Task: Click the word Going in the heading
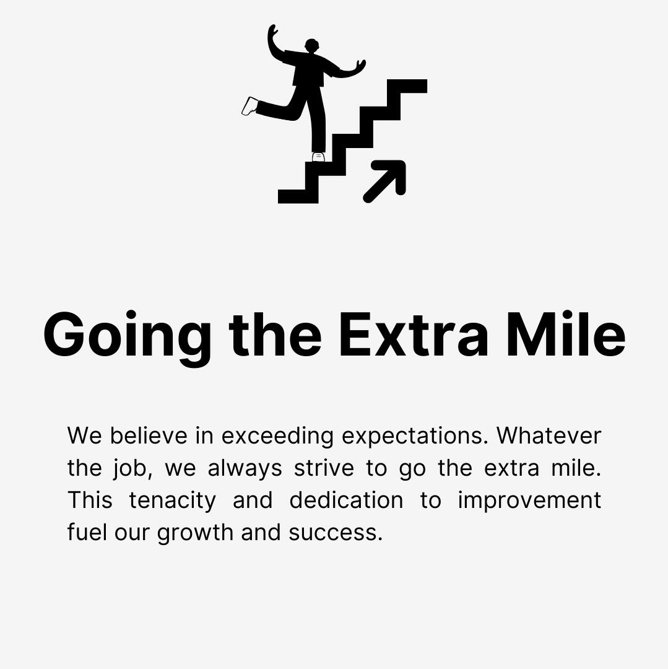[127, 335]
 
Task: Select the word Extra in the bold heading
[414, 335]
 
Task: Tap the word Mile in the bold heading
[565, 335]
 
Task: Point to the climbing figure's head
[311, 46]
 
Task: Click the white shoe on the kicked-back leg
[250, 106]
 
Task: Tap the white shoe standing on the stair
[318, 157]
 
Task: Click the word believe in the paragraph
[149, 435]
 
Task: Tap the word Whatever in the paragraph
[549, 435]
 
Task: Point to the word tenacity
[172, 501]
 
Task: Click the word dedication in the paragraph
[346, 500]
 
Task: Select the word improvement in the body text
[529, 501]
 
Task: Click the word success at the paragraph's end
[335, 533]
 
